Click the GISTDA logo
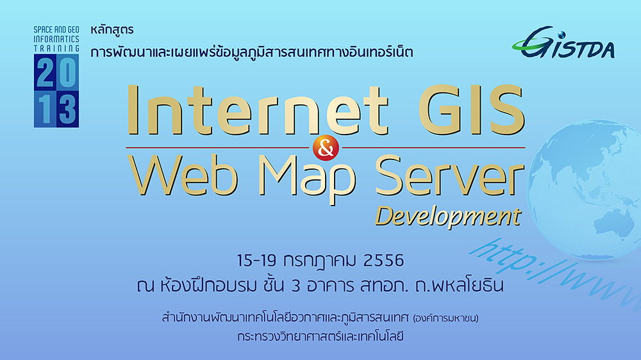[563, 42]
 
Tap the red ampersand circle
[326, 148]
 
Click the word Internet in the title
[257, 110]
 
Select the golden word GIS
[471, 110]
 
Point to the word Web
[182, 176]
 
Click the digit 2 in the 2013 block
[45, 72]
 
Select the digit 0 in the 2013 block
[67, 72]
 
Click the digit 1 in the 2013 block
[46, 109]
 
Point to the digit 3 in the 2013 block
[67, 109]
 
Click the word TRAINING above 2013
[56, 48]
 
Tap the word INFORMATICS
[56, 39]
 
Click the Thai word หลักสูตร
[112, 30]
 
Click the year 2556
[383, 260]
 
